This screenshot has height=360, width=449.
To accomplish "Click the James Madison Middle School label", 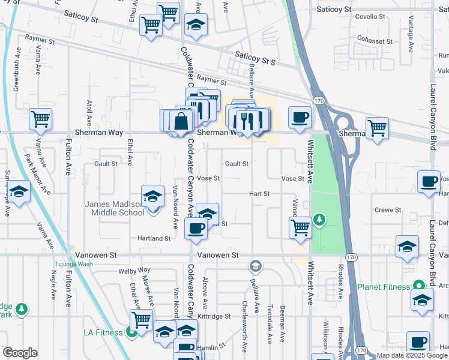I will tap(115, 208).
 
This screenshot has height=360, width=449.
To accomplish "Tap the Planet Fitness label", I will tap(384, 287).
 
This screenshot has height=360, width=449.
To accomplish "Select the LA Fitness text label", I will tap(104, 332).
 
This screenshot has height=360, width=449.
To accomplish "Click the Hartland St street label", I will tap(154, 238).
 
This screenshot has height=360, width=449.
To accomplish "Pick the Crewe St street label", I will tap(388, 210).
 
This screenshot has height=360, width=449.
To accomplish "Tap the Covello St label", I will tap(365, 17).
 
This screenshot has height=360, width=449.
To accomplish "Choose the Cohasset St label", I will tap(373, 40).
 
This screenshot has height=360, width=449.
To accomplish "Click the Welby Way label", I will tap(134, 271).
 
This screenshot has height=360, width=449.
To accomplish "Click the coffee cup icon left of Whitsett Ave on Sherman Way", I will tap(300, 118).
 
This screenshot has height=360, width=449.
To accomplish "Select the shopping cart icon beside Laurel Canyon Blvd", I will tap(376, 128).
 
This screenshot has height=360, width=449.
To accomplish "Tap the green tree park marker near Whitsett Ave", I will tap(320, 220).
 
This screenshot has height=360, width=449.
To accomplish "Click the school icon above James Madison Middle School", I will tap(153, 196).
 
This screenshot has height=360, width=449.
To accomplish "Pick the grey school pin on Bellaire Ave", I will tap(256, 266).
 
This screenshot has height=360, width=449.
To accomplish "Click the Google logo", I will tap(20, 353).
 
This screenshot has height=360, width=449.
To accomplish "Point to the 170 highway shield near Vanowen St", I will tap(352, 257).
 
